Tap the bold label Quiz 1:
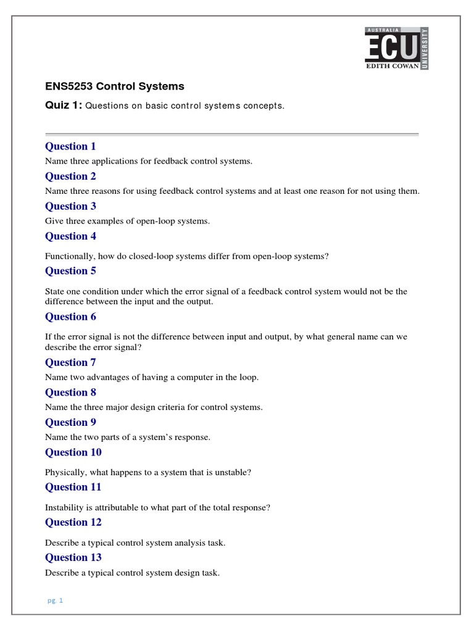coord(64,105)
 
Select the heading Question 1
coord(70,146)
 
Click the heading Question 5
coord(70,270)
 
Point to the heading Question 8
coord(70,392)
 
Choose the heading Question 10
coord(73,452)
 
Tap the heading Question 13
coord(73,557)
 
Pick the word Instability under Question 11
coord(65,507)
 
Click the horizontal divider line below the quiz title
coord(232,134)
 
